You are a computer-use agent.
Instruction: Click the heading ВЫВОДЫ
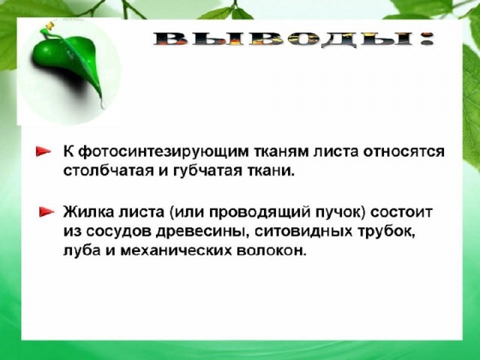(x=293, y=39)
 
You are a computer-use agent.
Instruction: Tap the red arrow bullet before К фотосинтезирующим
(x=43, y=151)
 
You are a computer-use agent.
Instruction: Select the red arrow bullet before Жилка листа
(x=46, y=211)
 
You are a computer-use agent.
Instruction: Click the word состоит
(x=401, y=211)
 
